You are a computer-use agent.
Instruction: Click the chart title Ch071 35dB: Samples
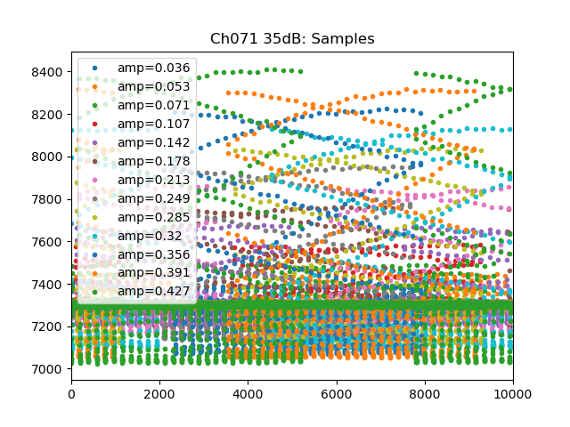tap(292, 39)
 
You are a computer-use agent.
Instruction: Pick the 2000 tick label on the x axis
tap(159, 393)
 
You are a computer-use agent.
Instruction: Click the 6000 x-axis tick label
tap(336, 393)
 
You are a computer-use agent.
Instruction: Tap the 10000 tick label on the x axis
tap(512, 393)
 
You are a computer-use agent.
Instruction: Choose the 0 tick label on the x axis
tap(71, 393)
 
